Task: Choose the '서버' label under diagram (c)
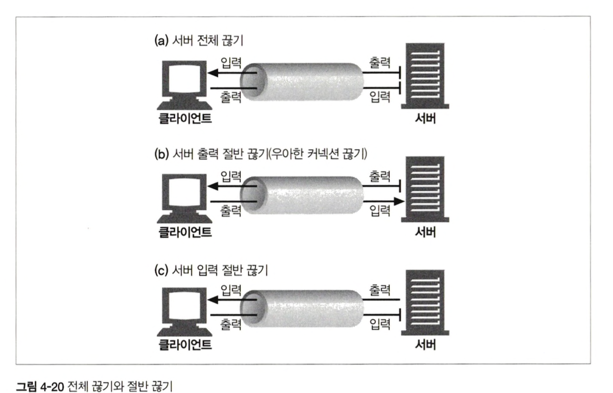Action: (x=425, y=344)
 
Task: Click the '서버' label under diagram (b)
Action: (x=425, y=231)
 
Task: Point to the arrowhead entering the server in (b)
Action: (x=399, y=201)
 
